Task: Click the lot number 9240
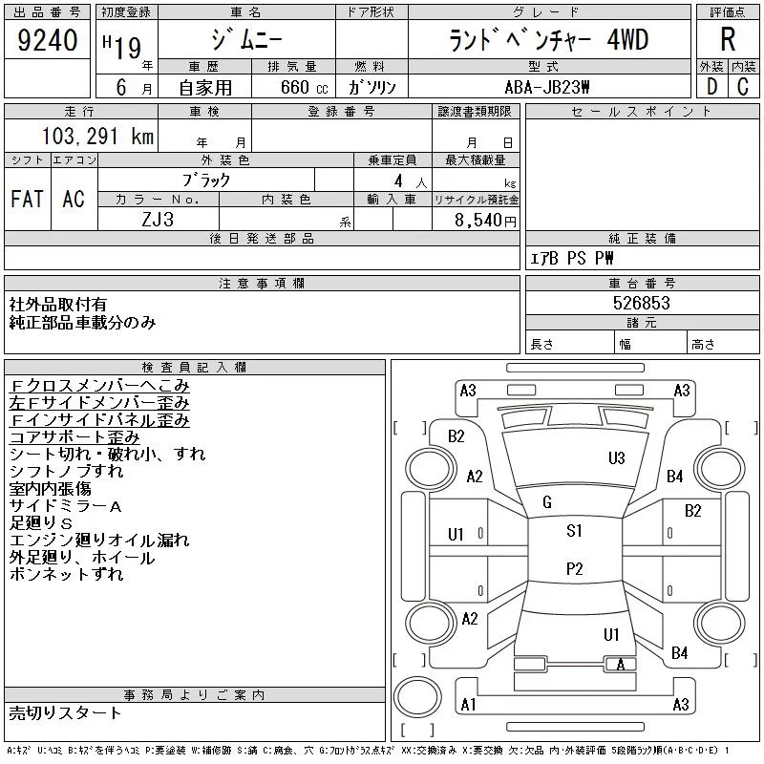47,40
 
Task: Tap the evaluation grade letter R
728,39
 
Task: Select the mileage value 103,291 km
97,136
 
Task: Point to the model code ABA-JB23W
547,87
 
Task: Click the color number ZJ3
158,220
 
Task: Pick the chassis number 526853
641,303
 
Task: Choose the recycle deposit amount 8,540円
485,220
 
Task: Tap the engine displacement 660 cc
304,87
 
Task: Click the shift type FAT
27,199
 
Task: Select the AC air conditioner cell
74,199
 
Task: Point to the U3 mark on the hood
616,458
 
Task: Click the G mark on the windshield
547,502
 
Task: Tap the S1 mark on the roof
574,530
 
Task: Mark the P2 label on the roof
575,568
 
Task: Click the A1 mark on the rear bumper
468,704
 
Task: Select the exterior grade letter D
711,87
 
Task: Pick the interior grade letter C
743,87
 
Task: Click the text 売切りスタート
65,713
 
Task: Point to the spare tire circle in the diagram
417,697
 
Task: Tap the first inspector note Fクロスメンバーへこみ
99,386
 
